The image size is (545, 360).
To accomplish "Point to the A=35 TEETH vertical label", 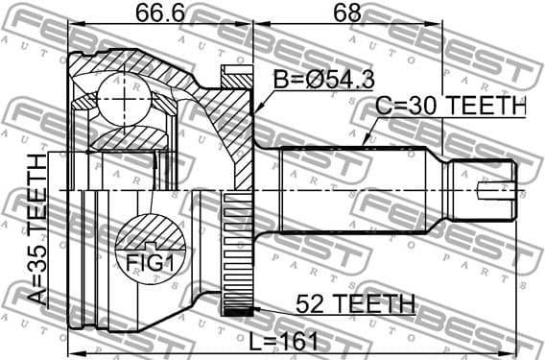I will coord(36,230).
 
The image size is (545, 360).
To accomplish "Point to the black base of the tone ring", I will coord(236,310).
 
